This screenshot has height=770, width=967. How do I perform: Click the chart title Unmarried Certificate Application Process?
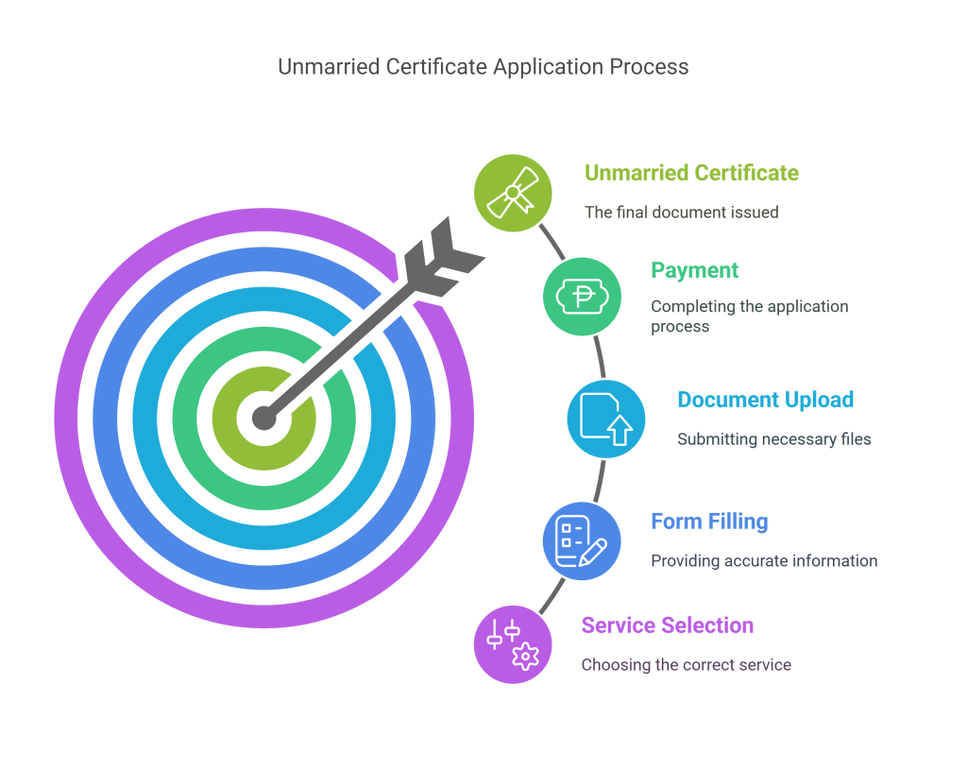coord(483,67)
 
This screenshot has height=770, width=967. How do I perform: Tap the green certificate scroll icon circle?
coord(513,193)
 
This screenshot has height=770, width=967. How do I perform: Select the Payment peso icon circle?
coord(582,297)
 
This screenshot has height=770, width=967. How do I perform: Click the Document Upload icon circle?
coord(606,419)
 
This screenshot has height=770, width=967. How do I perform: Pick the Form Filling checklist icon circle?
coord(582,541)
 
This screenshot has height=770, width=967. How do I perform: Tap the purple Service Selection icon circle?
coord(513,644)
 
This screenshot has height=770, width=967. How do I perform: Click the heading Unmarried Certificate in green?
coord(691,173)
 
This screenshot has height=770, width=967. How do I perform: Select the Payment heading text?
coord(694,271)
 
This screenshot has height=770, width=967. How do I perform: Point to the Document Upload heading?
coord(765,400)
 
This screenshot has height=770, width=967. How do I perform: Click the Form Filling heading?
coord(710,522)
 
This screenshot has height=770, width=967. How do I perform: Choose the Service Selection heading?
coord(668,625)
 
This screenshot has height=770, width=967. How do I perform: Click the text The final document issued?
coord(682,213)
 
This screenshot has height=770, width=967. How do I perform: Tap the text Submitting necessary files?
coord(774,439)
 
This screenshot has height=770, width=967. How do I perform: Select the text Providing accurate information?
coord(764,561)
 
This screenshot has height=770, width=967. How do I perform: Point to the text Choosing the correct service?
coord(687,664)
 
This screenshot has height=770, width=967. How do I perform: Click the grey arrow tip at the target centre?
coord(264,419)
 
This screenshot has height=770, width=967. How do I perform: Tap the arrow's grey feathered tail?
coord(443,256)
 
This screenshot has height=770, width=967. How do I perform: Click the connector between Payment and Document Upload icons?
coord(600,357)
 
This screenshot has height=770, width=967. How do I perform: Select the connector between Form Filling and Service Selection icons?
coord(551,596)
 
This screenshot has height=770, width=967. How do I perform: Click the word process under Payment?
coord(680,327)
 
